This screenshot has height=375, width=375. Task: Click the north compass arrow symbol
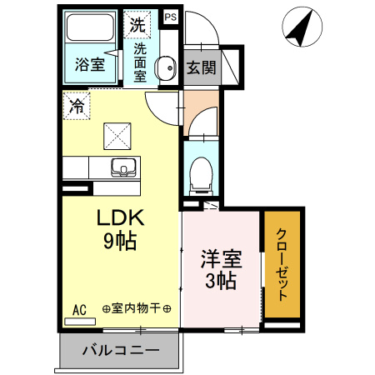pyautogui.click(x=302, y=28)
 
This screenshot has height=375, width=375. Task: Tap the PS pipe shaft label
pyautogui.click(x=170, y=16)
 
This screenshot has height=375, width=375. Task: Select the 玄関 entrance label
pyautogui.click(x=202, y=67)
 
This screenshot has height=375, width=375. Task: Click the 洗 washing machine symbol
pyautogui.click(x=137, y=23)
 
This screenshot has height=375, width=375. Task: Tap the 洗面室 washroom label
pyautogui.click(x=139, y=61)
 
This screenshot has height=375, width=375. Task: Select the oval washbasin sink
pyautogui.click(x=166, y=66)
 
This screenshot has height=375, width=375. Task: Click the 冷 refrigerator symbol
pyautogui.click(x=77, y=106)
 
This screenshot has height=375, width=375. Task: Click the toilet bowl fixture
pyautogui.click(x=200, y=174)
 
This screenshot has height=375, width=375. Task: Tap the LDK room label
pyautogui.click(x=122, y=218)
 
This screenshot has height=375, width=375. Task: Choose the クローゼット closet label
pyautogui.click(x=282, y=264)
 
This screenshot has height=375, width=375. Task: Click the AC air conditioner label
pyautogui.click(x=80, y=309)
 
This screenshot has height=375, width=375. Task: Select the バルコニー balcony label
pyautogui.click(x=120, y=351)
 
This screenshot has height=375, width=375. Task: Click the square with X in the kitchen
pyautogui.click(x=116, y=134)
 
